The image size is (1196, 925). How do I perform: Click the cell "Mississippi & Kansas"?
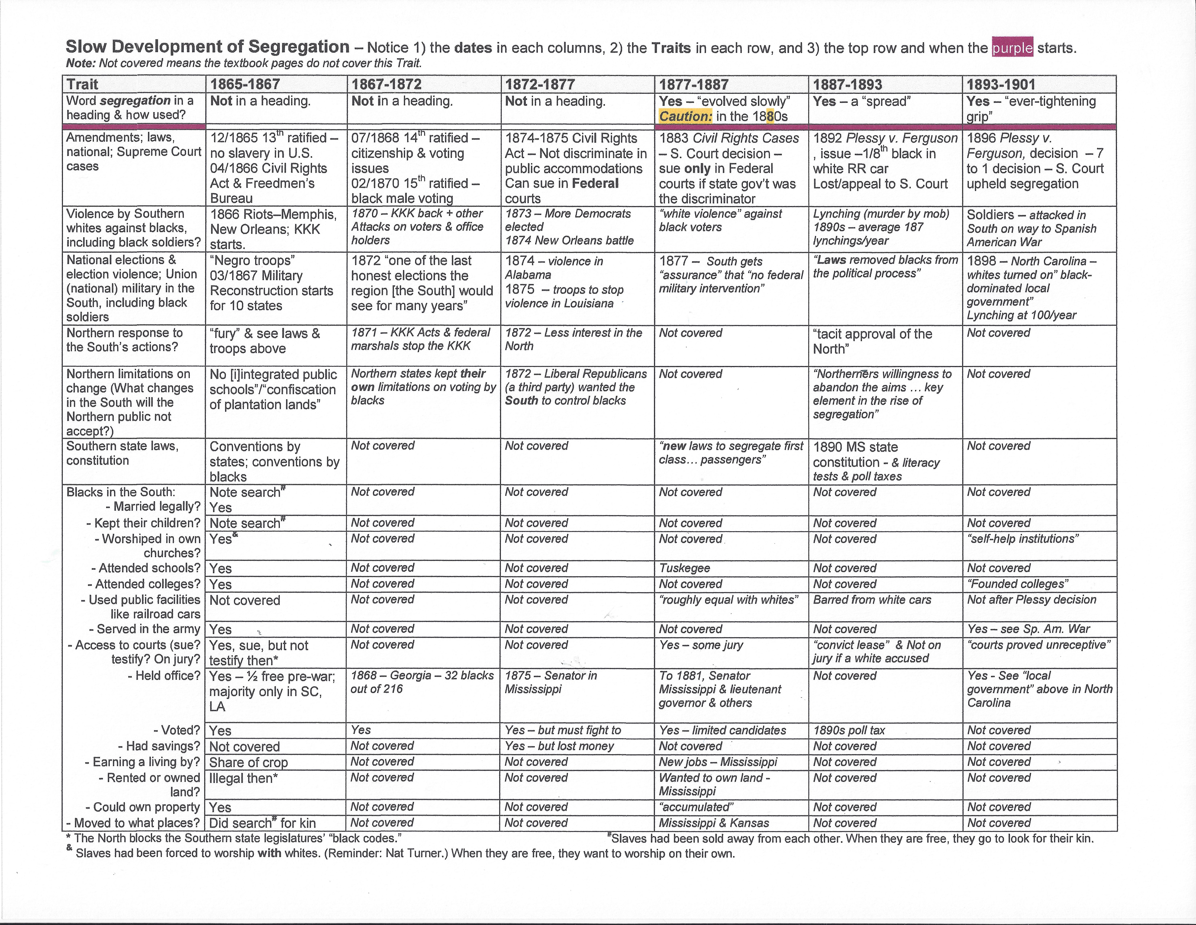(x=714, y=823)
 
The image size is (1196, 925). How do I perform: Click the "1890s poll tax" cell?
(x=849, y=730)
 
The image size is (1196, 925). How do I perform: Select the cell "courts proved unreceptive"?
(x=1039, y=645)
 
